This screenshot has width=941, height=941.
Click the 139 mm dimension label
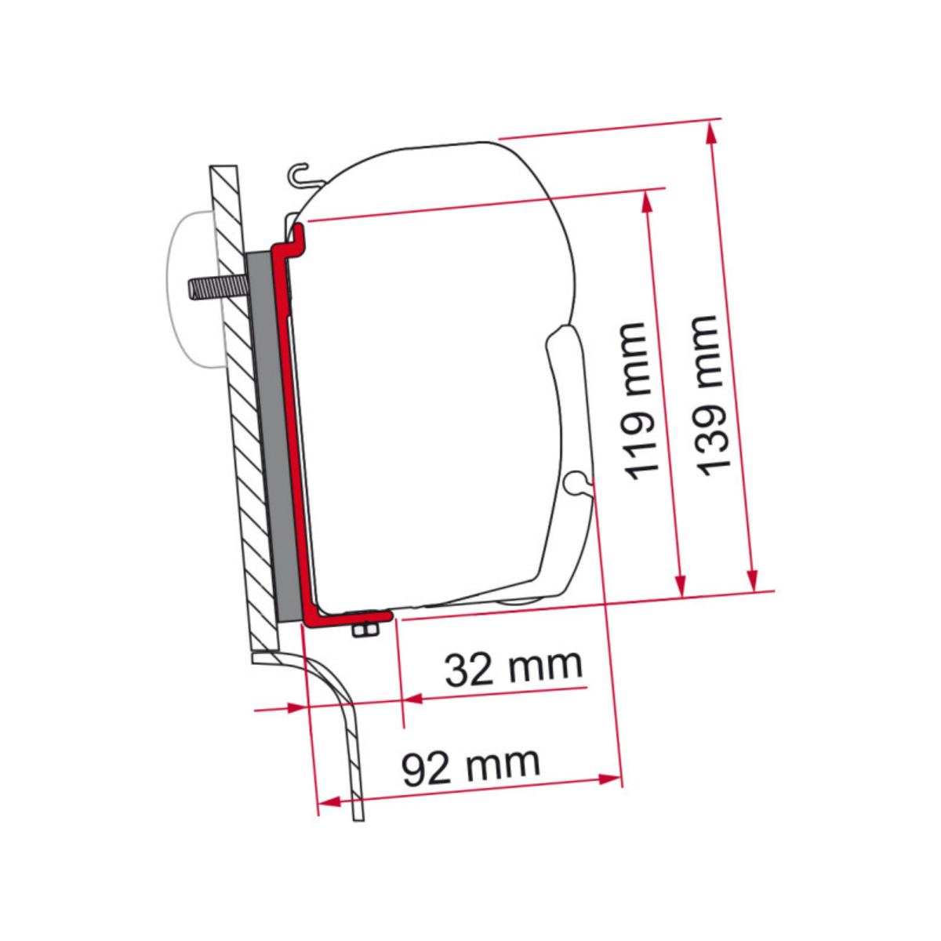click(x=706, y=396)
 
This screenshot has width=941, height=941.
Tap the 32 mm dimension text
click(x=514, y=667)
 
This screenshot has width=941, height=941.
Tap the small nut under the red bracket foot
click(x=364, y=630)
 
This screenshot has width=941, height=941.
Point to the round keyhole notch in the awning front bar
click(x=576, y=482)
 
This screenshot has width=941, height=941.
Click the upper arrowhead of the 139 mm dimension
click(x=712, y=132)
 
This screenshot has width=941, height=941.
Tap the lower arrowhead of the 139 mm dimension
click(x=752, y=580)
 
